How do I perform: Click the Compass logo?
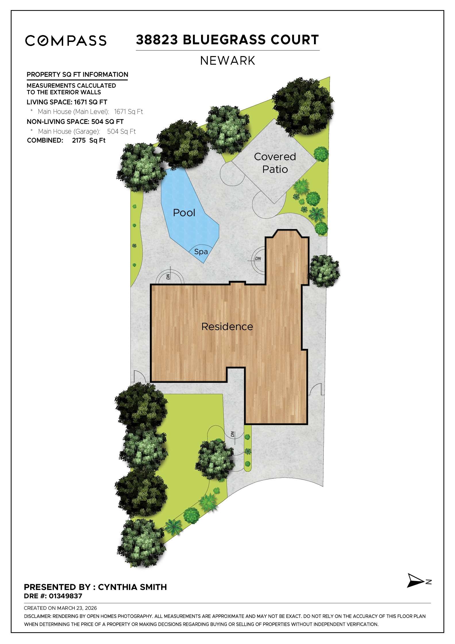tap(66, 41)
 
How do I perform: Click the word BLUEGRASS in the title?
tap(224, 40)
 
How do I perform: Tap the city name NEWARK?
tap(227, 61)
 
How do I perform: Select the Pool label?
tap(184, 213)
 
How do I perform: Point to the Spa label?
tap(201, 252)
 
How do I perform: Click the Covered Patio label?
tap(275, 163)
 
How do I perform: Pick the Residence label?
tap(227, 327)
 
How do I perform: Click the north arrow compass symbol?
tap(419, 581)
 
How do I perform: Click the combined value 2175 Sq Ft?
tap(89, 140)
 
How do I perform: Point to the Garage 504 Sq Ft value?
tap(121, 131)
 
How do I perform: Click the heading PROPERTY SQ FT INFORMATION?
tap(77, 74)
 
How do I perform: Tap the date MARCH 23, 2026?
tap(77, 608)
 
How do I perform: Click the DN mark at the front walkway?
tap(233, 434)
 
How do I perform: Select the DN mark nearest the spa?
tap(258, 258)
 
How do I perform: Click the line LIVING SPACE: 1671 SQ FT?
tap(67, 102)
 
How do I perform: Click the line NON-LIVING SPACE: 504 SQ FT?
tap(75, 122)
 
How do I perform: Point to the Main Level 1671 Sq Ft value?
tap(128, 112)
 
